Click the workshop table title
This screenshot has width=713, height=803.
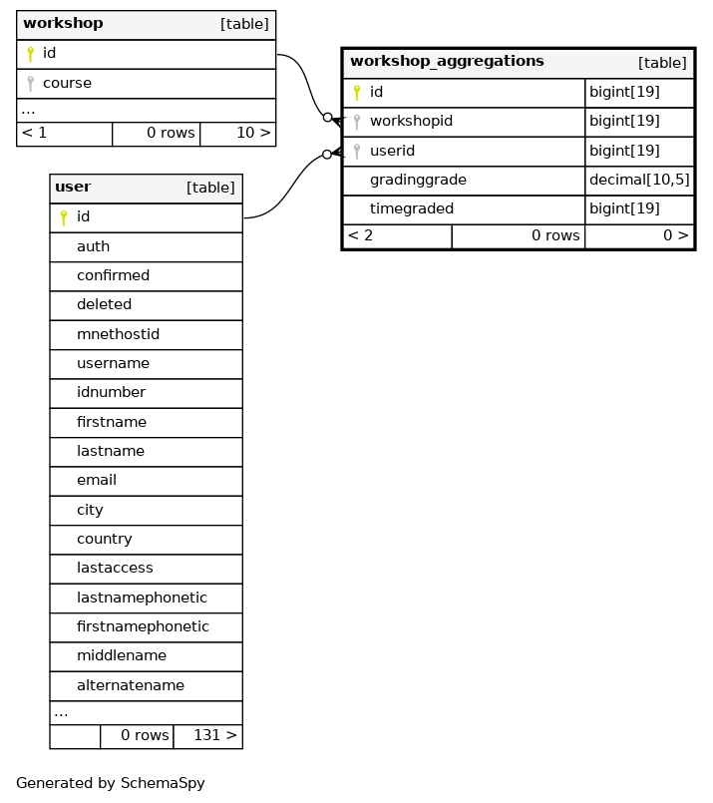[x=63, y=23]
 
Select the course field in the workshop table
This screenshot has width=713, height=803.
[x=67, y=83]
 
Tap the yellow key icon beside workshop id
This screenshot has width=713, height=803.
[x=30, y=54]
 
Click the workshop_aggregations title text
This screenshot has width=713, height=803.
[x=447, y=62]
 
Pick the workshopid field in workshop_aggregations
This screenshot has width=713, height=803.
[x=411, y=122]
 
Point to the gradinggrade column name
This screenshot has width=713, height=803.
[x=418, y=181]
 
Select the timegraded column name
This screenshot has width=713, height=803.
[x=411, y=209]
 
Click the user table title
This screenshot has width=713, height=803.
[x=73, y=188]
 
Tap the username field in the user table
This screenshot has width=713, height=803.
[x=113, y=364]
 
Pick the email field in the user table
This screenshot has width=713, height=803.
[x=96, y=481]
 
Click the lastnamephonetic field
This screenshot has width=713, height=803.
[x=142, y=598]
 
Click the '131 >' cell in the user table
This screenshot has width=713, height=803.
[x=207, y=736]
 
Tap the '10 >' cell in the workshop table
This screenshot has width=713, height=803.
[x=237, y=134]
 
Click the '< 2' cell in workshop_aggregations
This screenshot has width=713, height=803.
[x=360, y=236]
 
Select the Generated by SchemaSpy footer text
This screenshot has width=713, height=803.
[x=111, y=783]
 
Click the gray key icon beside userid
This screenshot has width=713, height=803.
[x=356, y=152]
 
